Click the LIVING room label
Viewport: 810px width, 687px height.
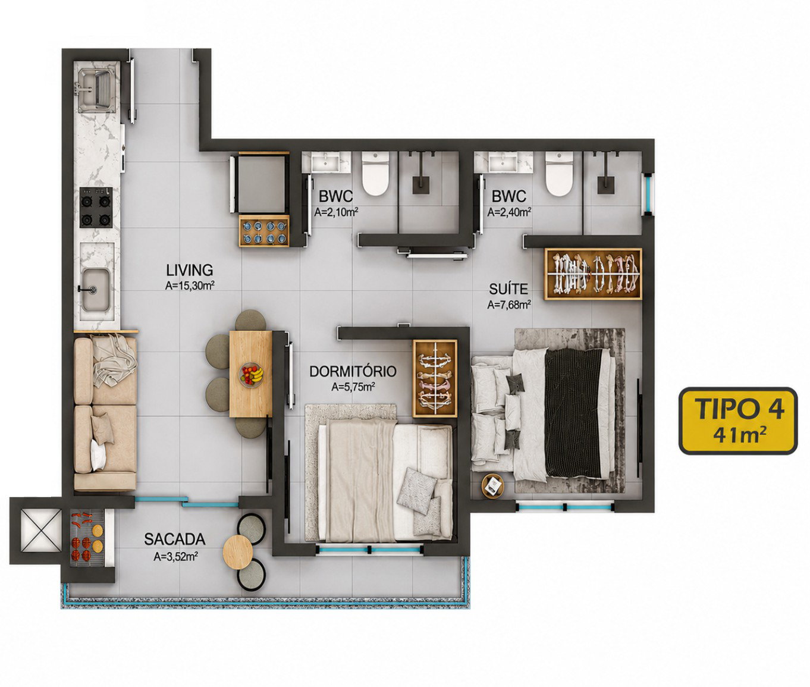pyautogui.click(x=189, y=270)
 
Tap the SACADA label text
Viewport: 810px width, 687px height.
pyautogui.click(x=175, y=539)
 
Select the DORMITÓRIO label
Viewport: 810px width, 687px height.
pyautogui.click(x=353, y=372)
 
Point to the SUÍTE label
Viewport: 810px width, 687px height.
pyautogui.click(x=508, y=289)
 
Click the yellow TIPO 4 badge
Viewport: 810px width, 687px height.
pyautogui.click(x=738, y=421)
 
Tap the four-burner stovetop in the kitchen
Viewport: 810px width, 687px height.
pyautogui.click(x=96, y=207)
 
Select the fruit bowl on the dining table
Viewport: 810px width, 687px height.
pyautogui.click(x=252, y=375)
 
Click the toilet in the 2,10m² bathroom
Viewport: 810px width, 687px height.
pyautogui.click(x=375, y=174)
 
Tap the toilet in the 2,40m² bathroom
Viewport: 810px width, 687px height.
pyautogui.click(x=559, y=174)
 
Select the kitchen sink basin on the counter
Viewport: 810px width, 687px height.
pyautogui.click(x=95, y=290)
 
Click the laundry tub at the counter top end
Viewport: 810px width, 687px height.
pyautogui.click(x=96, y=89)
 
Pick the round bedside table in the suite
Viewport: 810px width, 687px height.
pyautogui.click(x=492, y=487)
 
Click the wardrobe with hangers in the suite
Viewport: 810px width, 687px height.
pyautogui.click(x=593, y=274)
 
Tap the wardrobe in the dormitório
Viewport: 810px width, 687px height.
pyautogui.click(x=435, y=378)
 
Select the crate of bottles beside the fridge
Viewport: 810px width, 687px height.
pyautogui.click(x=263, y=231)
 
